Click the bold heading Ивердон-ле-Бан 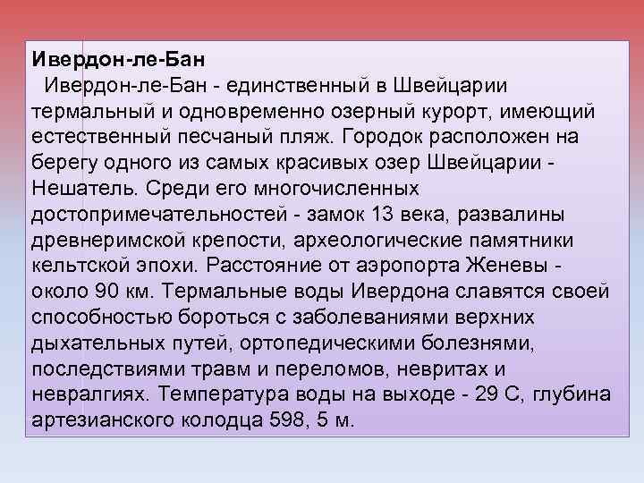(119, 60)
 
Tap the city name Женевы (502, 267)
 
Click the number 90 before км (104, 293)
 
